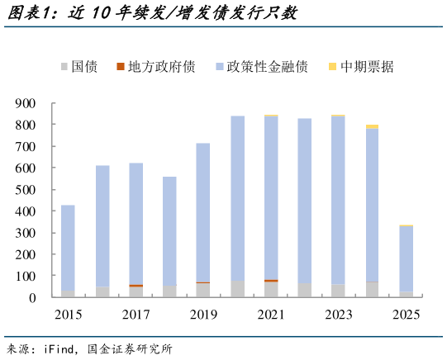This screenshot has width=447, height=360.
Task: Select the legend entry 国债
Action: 78,66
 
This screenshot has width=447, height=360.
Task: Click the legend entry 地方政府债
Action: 156,66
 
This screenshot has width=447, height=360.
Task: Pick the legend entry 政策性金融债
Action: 261,66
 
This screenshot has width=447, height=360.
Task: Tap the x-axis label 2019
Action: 203,315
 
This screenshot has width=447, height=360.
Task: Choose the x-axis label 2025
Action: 406,315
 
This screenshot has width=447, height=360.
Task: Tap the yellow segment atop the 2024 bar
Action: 372,126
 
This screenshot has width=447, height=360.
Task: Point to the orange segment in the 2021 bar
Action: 271,281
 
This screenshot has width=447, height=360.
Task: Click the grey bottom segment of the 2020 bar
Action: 237,289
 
